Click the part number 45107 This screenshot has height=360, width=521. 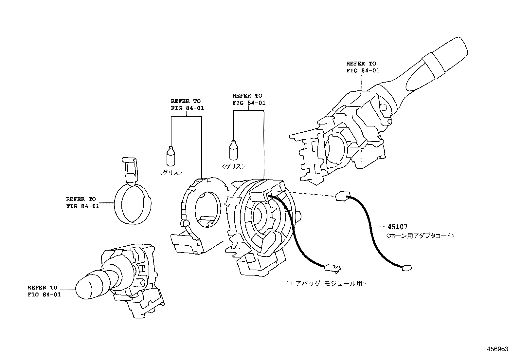[x=398, y=227]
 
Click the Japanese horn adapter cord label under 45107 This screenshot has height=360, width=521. [x=420, y=236]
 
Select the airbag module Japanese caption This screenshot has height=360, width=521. [x=325, y=284]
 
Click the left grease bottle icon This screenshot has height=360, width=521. [x=171, y=156]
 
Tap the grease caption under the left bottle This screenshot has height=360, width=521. [x=171, y=173]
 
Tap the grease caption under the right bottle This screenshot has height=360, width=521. [x=233, y=166]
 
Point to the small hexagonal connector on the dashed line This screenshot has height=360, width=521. [x=341, y=196]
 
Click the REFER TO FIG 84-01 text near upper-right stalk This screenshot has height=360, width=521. [x=362, y=67]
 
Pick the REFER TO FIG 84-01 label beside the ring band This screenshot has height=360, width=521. [x=82, y=202]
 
